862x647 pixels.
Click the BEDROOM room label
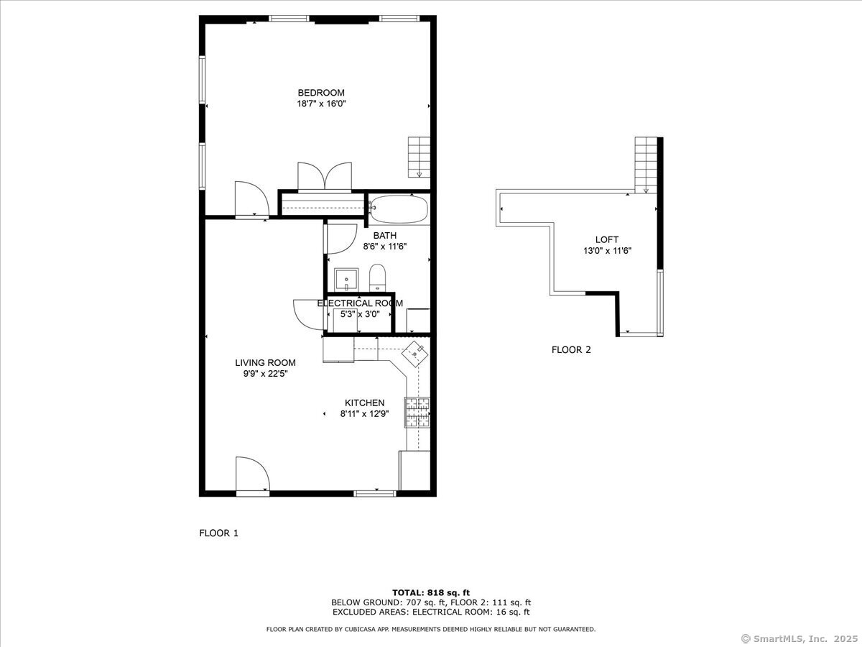coord(321,93)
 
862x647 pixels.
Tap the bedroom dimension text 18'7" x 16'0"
coord(321,104)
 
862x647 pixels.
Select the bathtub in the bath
coord(399,209)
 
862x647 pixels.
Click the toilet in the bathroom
coord(378,277)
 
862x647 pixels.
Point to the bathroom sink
coord(346,280)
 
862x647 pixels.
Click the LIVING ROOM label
coord(265,362)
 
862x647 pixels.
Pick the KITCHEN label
coord(364,403)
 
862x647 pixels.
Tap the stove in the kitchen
coord(417,412)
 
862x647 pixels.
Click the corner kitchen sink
coord(414,354)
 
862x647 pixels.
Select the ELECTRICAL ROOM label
coord(360,303)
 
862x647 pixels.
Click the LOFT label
coord(607,239)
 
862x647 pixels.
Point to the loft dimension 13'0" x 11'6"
coord(607,251)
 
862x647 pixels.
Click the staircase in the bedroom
coord(419,157)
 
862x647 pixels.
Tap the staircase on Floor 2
coord(646,165)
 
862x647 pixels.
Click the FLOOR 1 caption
coord(219,533)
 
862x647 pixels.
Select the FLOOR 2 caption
coord(571,349)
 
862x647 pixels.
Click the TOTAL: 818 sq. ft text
coord(431,593)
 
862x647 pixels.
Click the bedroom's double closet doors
coord(325,176)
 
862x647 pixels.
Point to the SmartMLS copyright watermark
coord(800,639)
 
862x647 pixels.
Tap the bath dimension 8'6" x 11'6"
coord(384,247)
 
